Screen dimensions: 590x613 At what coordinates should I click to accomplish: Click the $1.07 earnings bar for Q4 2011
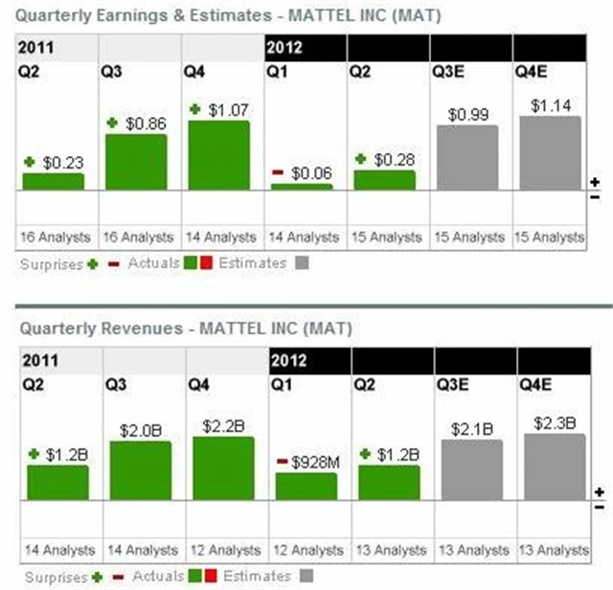click(x=218, y=155)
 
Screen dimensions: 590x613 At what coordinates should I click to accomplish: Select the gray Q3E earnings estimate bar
click(x=466, y=157)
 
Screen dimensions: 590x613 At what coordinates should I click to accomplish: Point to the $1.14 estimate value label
click(x=550, y=105)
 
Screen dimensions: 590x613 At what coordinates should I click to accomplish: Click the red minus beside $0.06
click(x=277, y=171)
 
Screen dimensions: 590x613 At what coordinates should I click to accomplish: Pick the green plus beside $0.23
click(x=30, y=163)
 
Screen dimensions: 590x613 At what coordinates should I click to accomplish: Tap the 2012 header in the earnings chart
click(x=288, y=46)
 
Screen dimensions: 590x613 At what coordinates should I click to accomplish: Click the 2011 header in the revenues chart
click(x=36, y=360)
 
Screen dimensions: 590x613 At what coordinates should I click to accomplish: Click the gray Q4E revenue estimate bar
click(x=554, y=466)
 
